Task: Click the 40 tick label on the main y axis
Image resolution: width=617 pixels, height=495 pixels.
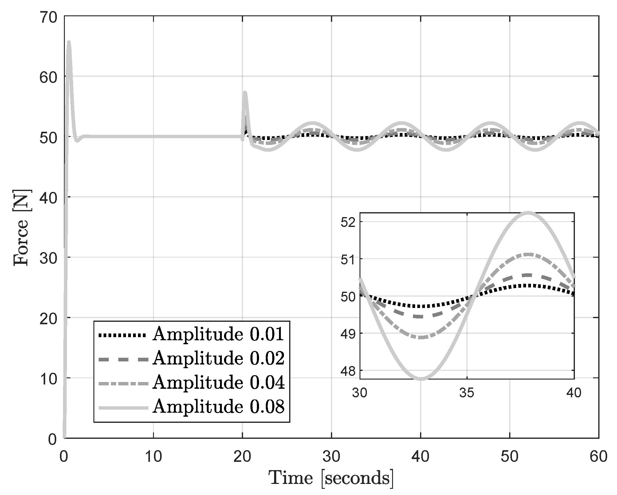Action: [48, 197]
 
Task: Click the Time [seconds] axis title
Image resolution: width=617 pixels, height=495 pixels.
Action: [331, 478]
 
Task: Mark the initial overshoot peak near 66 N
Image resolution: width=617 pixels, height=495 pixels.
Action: [69, 42]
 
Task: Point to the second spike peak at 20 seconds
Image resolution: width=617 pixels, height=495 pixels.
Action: [245, 92]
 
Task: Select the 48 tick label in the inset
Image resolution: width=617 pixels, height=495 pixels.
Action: [348, 370]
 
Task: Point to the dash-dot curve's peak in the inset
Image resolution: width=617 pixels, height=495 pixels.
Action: [528, 254]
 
